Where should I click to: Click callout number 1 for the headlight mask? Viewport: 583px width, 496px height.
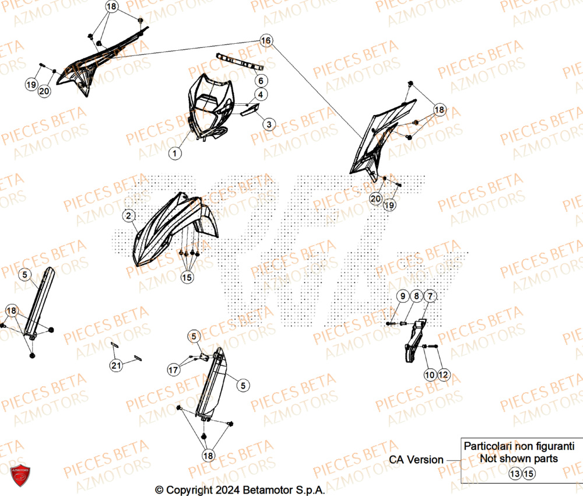174,153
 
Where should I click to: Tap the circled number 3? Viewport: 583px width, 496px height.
269,124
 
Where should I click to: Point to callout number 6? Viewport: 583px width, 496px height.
261,80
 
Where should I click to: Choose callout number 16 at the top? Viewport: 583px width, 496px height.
266,41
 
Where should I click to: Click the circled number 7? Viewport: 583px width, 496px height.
429,297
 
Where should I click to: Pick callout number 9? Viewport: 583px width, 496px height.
402,297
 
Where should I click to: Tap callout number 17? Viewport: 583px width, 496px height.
173,369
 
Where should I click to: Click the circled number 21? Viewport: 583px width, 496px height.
116,366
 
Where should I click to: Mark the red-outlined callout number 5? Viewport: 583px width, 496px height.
194,336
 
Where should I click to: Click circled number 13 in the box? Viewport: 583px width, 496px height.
514,474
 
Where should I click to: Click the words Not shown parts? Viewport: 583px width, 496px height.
518,459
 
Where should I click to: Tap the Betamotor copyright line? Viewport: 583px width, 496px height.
239,489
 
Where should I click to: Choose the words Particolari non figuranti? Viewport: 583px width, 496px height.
519,445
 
